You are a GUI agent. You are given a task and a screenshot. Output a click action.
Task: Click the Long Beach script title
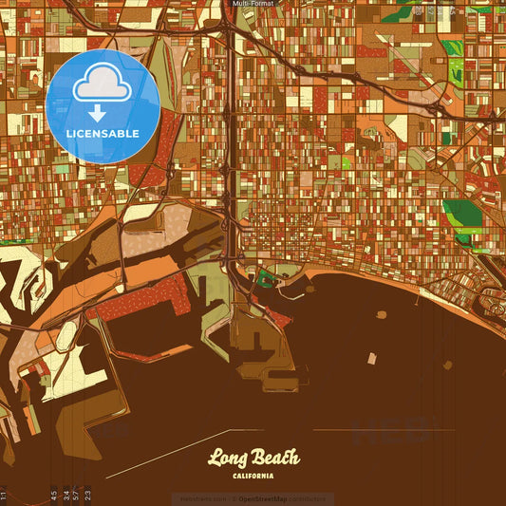pos(253,459)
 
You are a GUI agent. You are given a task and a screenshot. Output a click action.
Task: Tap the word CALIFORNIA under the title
pos(253,476)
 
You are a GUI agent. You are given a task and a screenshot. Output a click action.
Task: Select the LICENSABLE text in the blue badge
pos(103,133)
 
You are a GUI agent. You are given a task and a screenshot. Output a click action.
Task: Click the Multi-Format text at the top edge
pos(253,4)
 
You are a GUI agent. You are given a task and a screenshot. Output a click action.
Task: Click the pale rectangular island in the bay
pos(372,358)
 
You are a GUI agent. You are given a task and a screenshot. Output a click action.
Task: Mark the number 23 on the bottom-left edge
pos(87,495)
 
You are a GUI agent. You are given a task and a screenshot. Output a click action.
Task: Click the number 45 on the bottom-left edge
pos(54,495)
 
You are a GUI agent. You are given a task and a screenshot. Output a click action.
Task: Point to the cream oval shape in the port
pos(67,334)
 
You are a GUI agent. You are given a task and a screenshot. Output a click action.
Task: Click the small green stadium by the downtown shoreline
pos(263,279)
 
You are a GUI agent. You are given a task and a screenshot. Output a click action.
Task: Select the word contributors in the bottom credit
pos(308,498)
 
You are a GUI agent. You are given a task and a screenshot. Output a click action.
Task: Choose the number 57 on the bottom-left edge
pos(76,495)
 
